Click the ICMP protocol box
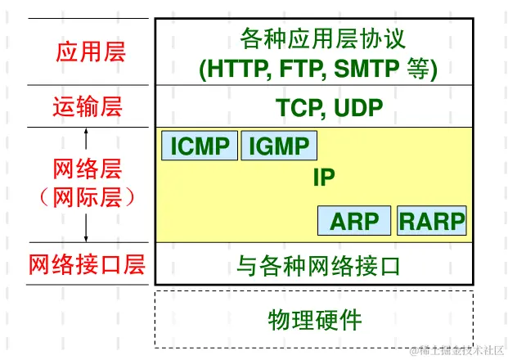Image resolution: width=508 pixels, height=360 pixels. click(200, 146)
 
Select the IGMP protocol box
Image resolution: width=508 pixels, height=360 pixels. click(279, 146)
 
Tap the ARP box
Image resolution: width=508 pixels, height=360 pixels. click(353, 221)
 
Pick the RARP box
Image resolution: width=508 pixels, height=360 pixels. click(431, 221)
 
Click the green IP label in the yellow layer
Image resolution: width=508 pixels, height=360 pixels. click(324, 178)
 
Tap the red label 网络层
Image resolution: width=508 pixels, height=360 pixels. click(87, 170)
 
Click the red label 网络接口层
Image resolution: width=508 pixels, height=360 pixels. click(87, 265)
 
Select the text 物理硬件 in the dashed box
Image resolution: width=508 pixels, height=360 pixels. click(314, 318)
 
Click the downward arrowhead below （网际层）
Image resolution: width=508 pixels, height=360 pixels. click(87, 238)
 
